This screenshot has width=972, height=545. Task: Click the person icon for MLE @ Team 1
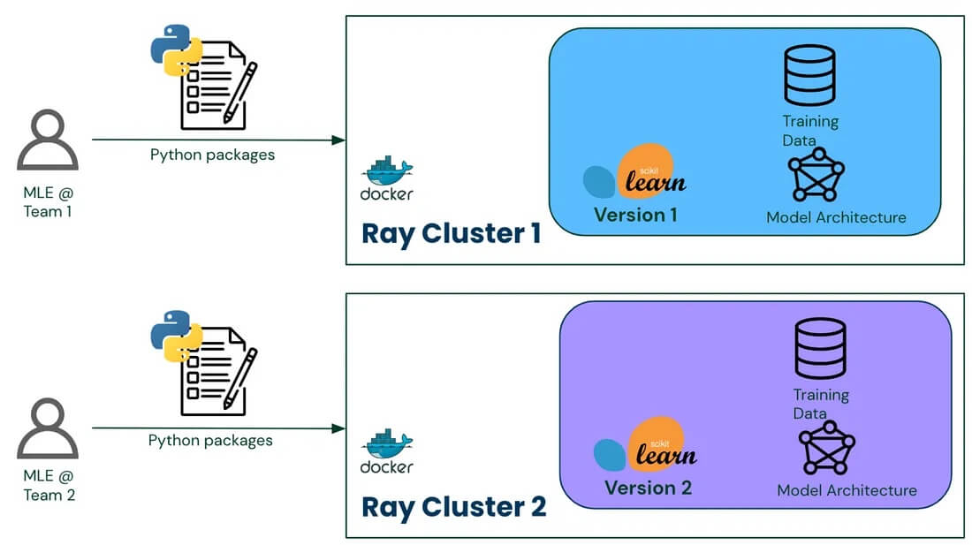[x=48, y=142]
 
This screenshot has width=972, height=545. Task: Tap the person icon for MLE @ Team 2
[x=48, y=429]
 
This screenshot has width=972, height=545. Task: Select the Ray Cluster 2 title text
[x=454, y=507]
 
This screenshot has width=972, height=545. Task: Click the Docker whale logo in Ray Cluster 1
[x=387, y=174]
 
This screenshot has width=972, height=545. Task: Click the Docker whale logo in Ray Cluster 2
[x=387, y=447]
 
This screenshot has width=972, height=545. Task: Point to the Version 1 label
[x=635, y=215]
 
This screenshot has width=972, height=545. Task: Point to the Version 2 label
[x=648, y=488]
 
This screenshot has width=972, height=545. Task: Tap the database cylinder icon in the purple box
[x=820, y=350]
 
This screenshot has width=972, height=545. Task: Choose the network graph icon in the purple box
[x=826, y=448]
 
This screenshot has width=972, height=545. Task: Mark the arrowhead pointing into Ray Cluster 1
[x=338, y=140]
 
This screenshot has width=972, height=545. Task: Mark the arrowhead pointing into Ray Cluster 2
[x=338, y=428]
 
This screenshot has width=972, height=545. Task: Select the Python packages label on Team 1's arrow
[x=212, y=155]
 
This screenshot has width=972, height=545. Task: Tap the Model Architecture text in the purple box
[x=847, y=490]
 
